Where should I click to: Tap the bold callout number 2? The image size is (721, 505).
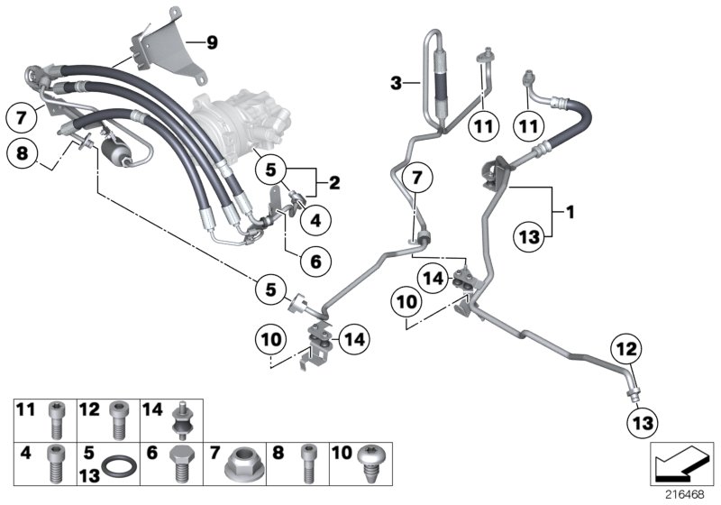point(333,183)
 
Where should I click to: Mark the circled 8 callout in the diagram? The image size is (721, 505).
point(23,154)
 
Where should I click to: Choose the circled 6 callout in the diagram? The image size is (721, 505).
point(315,262)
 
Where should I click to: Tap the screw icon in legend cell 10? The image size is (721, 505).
point(371,464)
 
